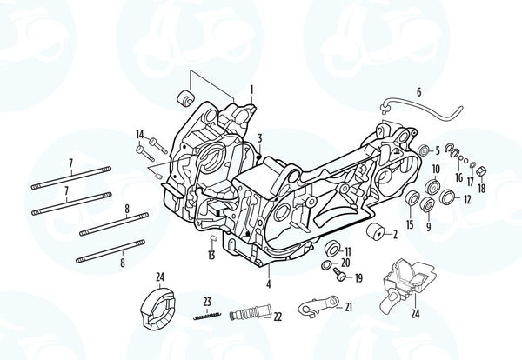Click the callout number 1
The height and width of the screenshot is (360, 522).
(251, 89)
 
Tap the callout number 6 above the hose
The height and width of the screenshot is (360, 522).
(418, 92)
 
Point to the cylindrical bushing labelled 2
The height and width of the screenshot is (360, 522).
(377, 233)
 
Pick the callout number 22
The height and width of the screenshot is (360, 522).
(278, 317)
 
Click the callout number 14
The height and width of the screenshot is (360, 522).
(139, 134)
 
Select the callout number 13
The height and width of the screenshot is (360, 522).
(211, 256)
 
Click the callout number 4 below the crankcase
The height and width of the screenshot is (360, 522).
(268, 284)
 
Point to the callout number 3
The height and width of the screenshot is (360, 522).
(259, 138)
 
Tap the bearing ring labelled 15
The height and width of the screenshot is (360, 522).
(412, 203)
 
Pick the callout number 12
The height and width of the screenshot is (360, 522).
(467, 199)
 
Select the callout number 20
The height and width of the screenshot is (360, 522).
(345, 263)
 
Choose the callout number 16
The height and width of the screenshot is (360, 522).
(458, 177)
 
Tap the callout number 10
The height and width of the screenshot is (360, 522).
(436, 169)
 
